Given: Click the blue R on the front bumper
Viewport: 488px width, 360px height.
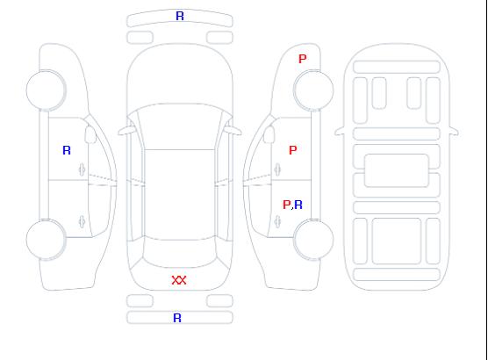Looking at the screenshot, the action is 180,16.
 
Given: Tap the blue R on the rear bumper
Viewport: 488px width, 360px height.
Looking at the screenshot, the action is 177,318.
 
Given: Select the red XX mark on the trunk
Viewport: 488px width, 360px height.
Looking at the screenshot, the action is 179,280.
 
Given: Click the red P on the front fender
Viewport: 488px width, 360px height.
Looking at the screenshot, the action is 303,59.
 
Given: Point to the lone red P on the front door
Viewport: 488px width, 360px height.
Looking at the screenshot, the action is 293,150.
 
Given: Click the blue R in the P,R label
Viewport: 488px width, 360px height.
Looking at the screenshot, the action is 298,205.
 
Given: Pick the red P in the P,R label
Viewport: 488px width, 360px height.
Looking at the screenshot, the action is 286,205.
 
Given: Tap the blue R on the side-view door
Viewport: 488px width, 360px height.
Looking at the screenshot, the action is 67,150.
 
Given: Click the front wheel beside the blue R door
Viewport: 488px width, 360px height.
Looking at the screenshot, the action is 46,90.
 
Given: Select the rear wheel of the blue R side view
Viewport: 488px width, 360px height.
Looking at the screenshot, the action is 46,240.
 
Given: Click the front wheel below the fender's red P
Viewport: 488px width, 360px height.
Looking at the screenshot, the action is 313,90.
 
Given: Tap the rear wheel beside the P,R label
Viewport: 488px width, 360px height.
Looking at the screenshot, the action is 313,240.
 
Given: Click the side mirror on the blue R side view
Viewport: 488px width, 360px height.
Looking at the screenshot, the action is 90,134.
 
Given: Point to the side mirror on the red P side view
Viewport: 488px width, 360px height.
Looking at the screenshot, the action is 269,134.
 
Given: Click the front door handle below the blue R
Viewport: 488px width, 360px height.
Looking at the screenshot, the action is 83,169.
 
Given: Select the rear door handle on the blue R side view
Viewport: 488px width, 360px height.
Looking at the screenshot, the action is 83,221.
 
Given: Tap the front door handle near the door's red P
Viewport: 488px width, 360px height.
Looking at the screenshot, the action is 277,169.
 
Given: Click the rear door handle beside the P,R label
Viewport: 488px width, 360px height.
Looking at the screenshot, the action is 277,221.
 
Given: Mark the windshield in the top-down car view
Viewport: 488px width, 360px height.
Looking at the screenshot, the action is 180,126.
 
